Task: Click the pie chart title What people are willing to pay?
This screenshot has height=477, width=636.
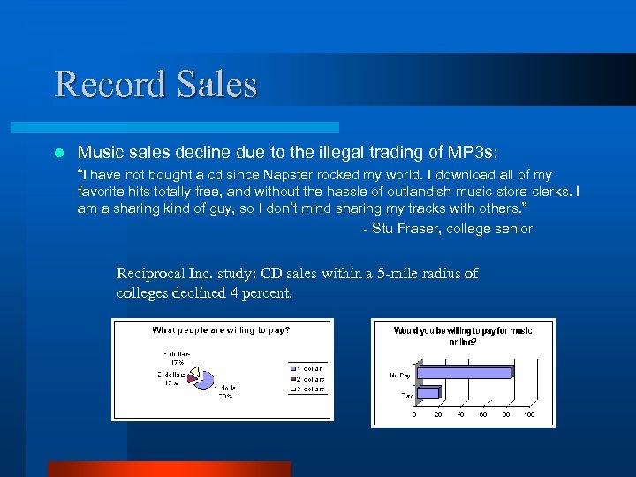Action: [x=221, y=330]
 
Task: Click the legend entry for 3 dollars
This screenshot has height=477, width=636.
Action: [x=309, y=390]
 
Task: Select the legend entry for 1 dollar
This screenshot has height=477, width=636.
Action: [x=309, y=367]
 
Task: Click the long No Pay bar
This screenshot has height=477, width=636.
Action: [x=463, y=373]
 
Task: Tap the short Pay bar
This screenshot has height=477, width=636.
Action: [x=428, y=393]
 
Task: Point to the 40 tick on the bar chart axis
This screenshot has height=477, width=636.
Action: [x=460, y=414]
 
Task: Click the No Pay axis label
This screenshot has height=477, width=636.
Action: [x=399, y=375]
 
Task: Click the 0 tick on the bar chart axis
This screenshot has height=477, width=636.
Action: [x=415, y=414]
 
